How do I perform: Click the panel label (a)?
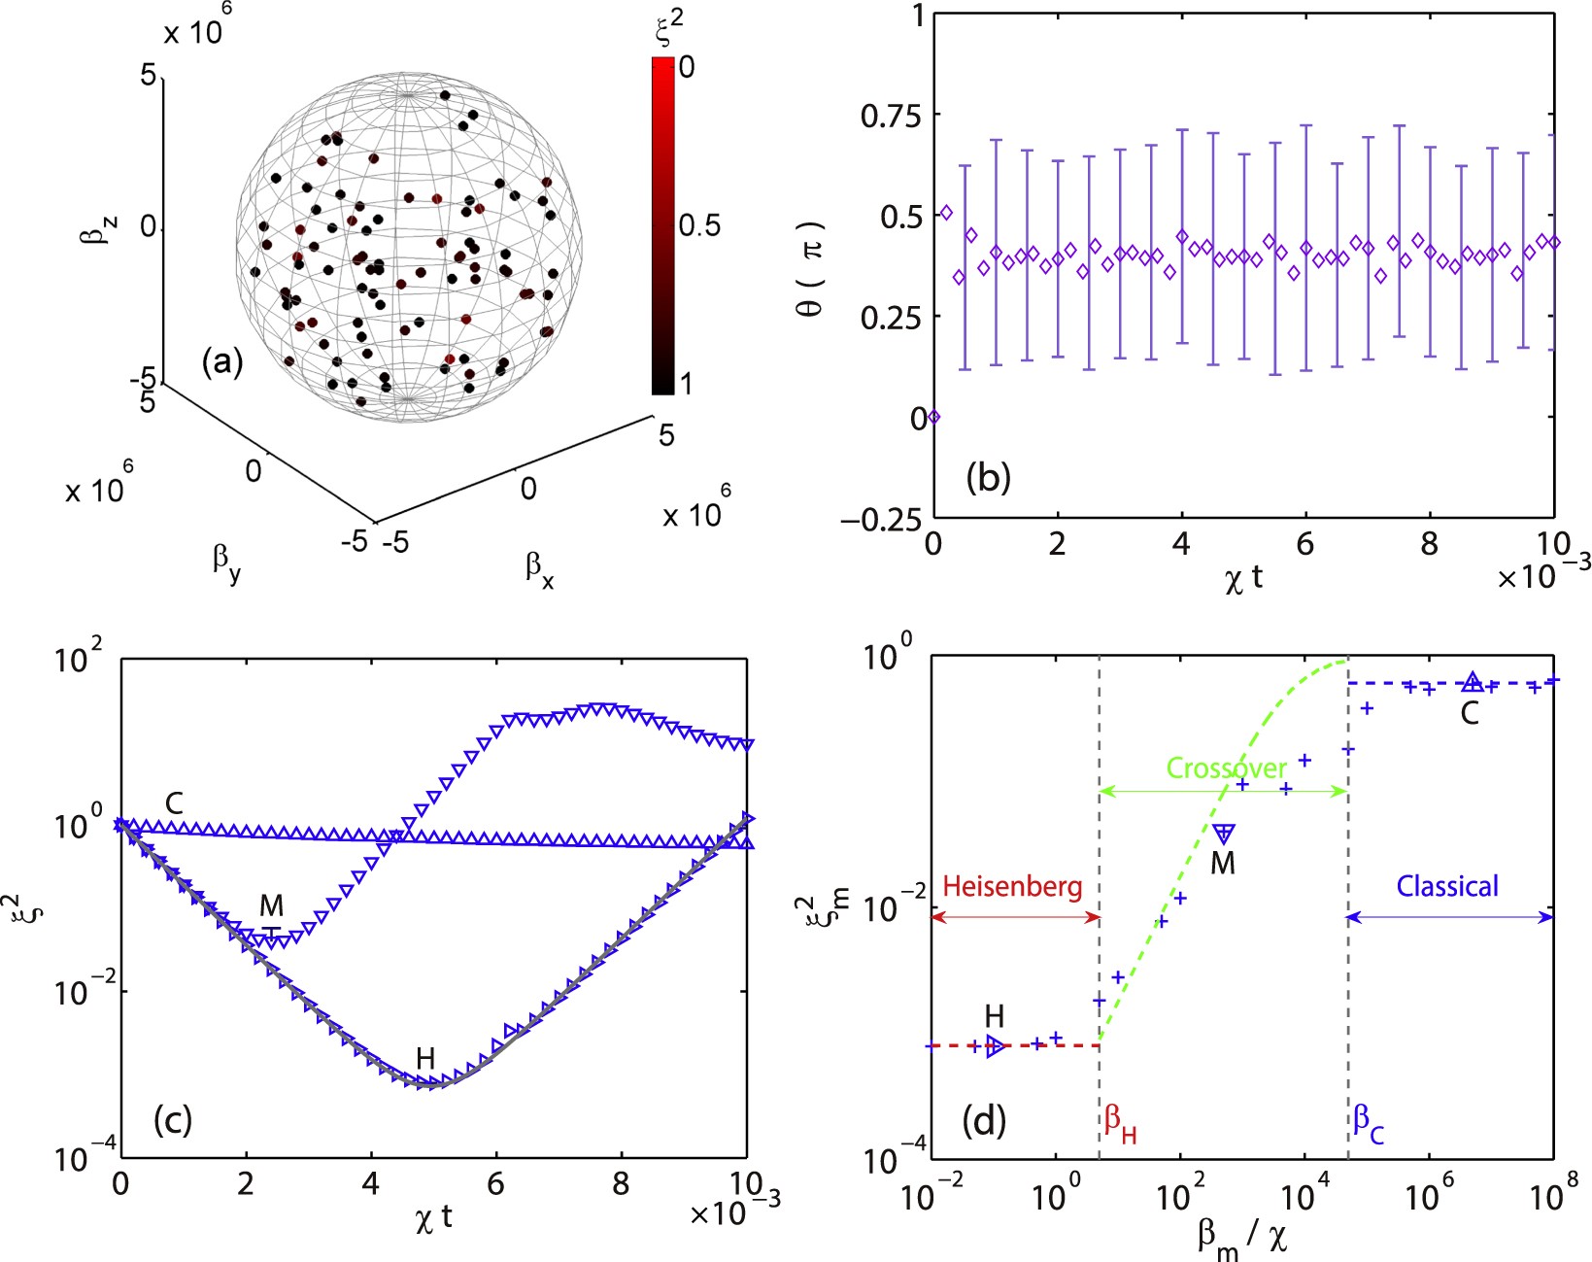221,363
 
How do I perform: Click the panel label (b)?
988,478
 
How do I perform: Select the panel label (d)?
983,1121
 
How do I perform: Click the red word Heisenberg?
1012,886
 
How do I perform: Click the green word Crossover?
1226,768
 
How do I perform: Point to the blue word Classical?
1447,886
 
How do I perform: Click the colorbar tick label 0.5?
699,225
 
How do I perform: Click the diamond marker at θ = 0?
933,417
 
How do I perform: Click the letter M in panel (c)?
271,905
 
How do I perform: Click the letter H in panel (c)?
424,1059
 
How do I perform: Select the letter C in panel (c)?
174,803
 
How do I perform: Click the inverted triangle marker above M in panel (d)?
1224,833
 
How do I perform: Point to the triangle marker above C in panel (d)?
1473,682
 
